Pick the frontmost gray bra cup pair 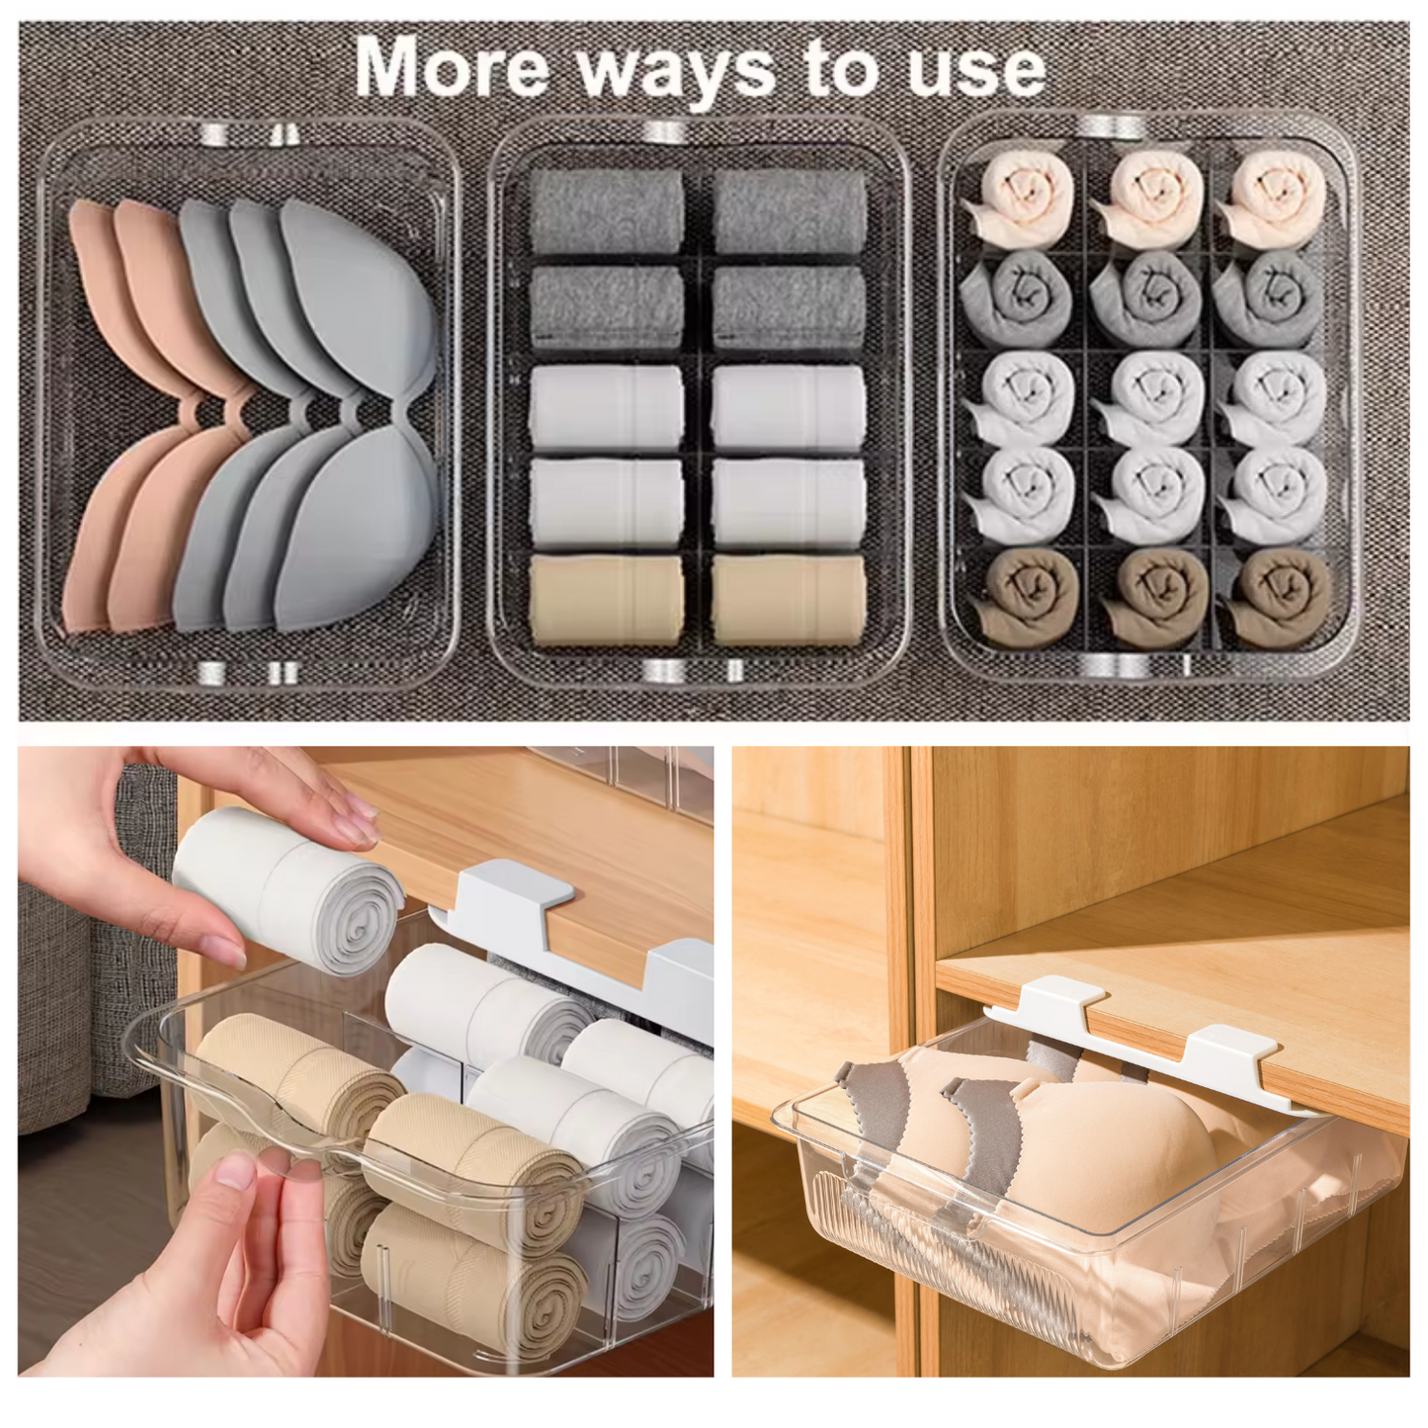pyautogui.click(x=356, y=415)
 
